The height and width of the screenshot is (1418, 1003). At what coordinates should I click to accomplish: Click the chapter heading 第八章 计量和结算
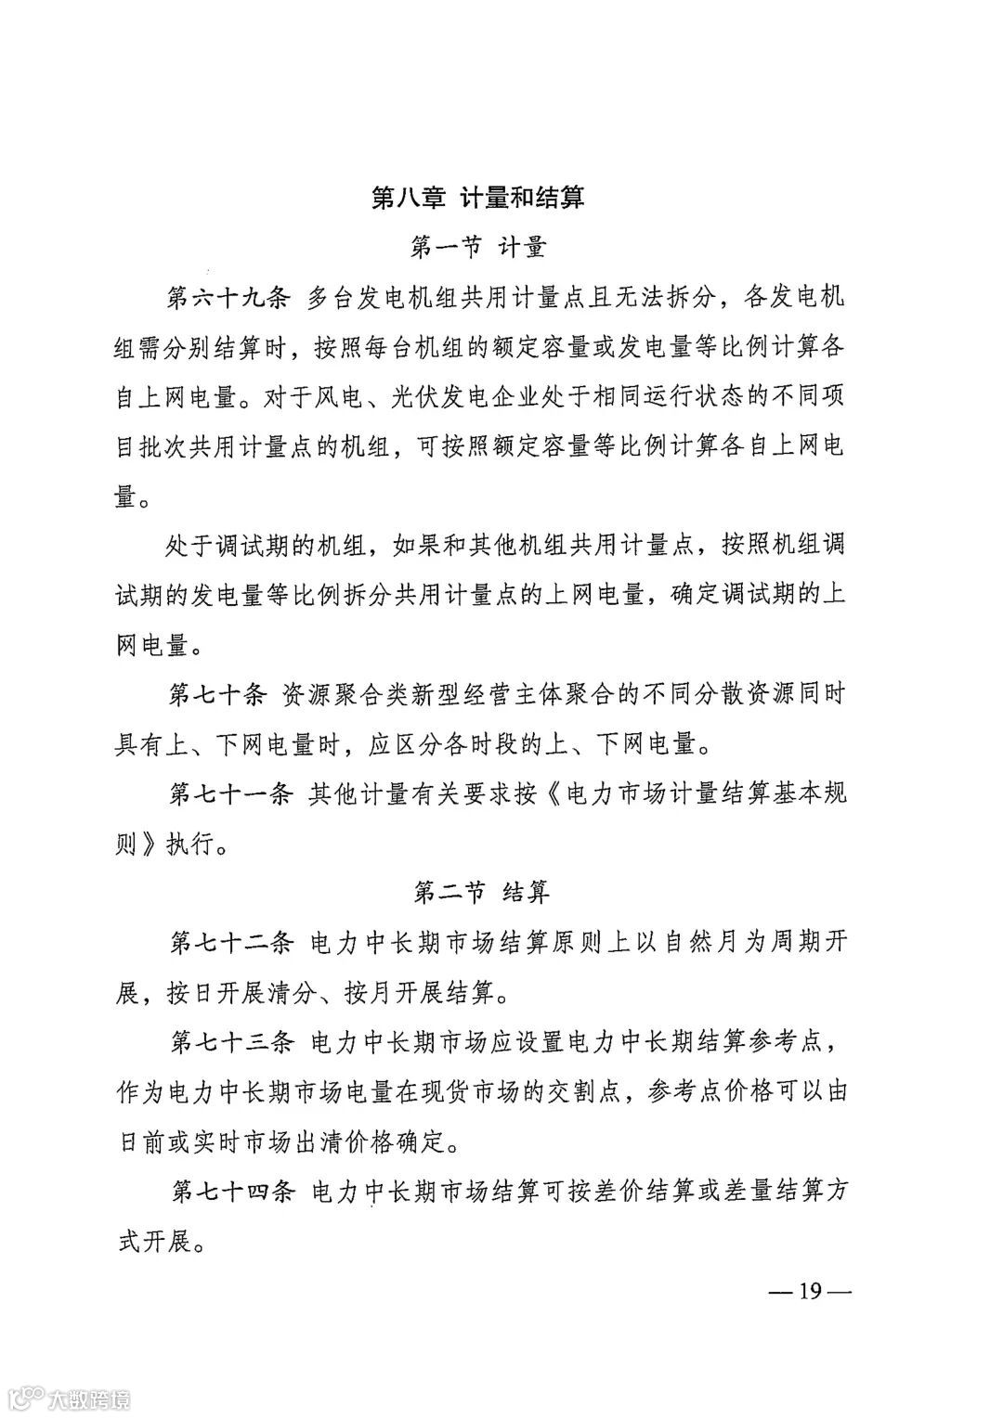(477, 198)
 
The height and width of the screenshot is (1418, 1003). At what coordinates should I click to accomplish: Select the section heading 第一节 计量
(477, 248)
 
